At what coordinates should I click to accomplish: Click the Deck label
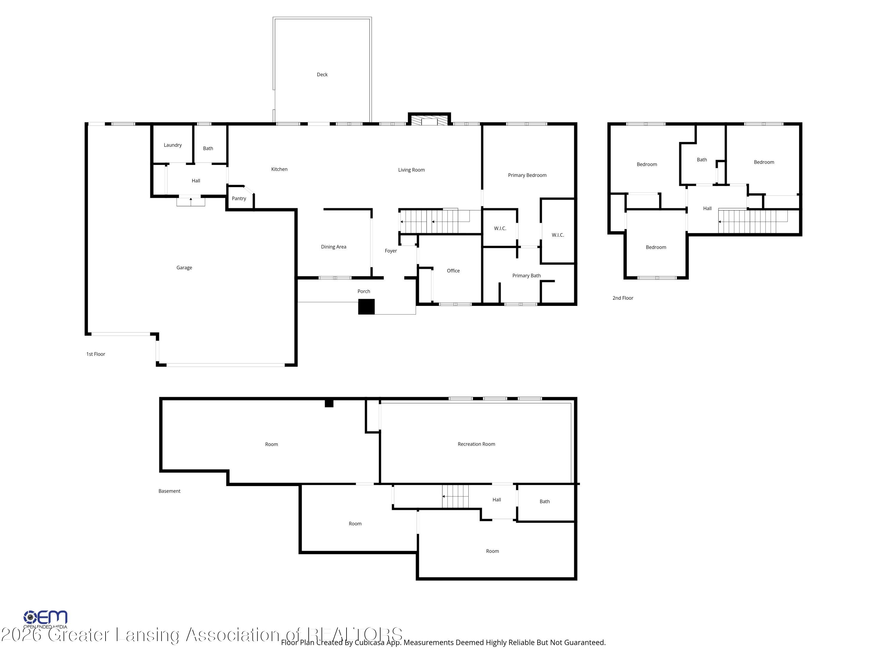tap(322, 74)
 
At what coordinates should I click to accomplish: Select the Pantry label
tap(239, 198)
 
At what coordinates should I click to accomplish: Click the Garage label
tap(184, 268)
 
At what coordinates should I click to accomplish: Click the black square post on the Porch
tap(366, 307)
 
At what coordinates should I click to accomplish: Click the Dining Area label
tap(333, 247)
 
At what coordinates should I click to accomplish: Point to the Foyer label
tap(391, 251)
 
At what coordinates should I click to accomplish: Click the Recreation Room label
tap(476, 444)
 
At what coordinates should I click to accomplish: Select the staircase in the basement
tap(455, 496)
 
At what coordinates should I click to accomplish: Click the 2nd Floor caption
tap(622, 298)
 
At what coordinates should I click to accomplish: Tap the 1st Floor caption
tap(96, 354)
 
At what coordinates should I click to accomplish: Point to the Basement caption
tap(169, 491)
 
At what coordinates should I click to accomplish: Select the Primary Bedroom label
tap(527, 175)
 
